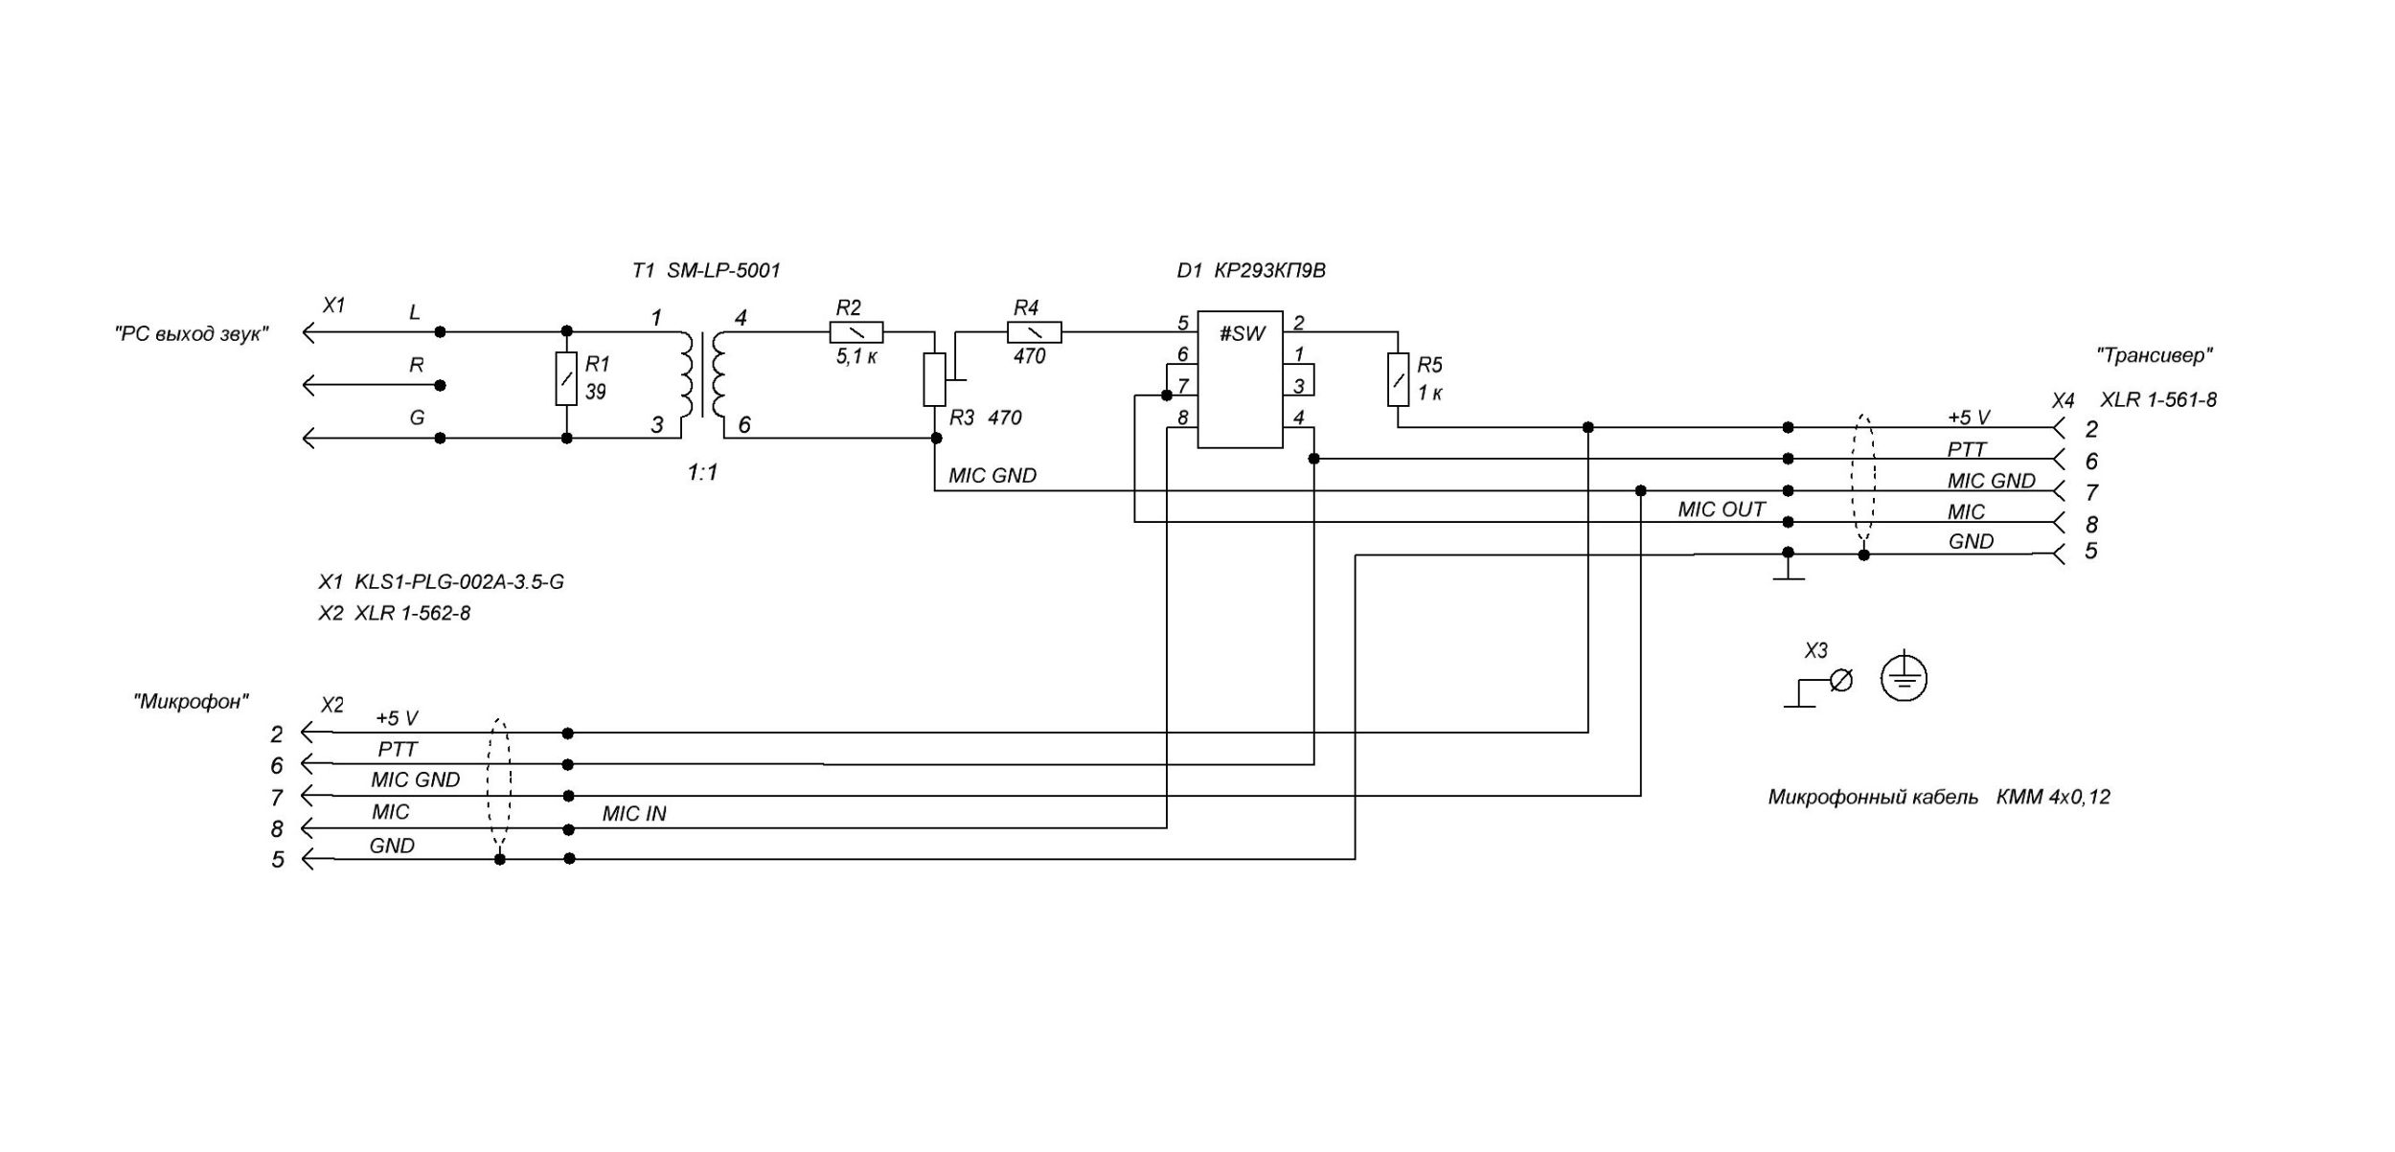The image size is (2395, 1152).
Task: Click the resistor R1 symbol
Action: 566,379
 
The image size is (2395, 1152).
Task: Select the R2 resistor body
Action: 855,332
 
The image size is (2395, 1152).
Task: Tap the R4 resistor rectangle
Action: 1034,332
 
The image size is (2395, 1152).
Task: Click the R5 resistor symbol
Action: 1398,379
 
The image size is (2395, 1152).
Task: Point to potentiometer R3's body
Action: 934,379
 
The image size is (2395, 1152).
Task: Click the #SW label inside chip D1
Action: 1242,334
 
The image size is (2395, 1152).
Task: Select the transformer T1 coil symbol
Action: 703,373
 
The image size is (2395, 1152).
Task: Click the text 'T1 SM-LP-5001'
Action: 706,271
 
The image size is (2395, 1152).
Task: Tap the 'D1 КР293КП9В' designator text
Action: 1250,271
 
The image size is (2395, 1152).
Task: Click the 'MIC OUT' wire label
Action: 1721,509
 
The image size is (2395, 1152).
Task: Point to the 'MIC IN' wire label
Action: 633,814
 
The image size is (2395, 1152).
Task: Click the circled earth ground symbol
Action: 1904,678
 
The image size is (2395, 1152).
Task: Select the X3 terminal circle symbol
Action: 1840,680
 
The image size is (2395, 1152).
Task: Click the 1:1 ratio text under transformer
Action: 702,472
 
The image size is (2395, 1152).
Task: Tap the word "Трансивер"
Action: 2155,355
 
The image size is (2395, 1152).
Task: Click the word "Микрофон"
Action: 192,701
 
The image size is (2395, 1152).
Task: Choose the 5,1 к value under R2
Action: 855,357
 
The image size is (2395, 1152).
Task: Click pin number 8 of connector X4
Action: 2091,525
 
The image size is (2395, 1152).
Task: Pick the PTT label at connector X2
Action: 398,749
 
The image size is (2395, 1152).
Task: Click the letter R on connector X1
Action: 417,365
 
